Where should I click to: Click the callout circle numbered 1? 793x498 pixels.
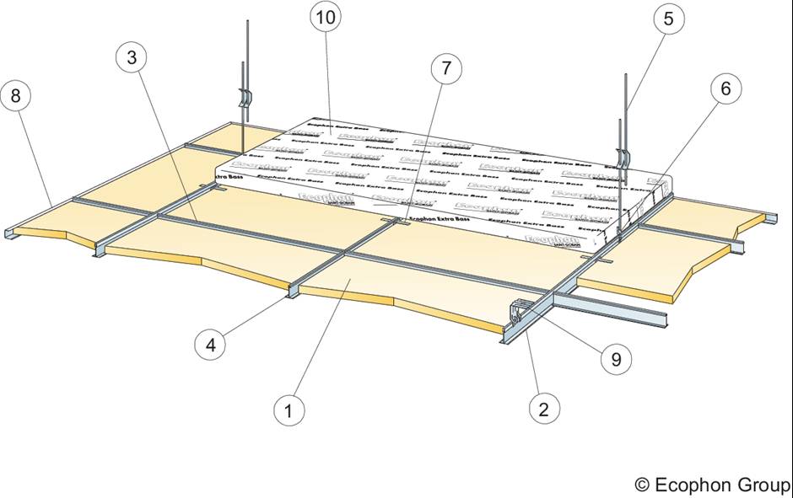coord(289,411)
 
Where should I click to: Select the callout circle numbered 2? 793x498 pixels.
coord(543,410)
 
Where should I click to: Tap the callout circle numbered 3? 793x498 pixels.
coord(132,58)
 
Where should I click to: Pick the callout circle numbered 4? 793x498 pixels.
coord(209,343)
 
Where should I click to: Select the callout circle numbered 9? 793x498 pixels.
coord(615,359)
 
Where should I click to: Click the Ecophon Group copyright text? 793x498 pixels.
coord(713,485)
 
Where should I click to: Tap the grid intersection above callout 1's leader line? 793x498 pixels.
coord(346,253)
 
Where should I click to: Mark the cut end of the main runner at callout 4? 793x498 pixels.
coord(291,293)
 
